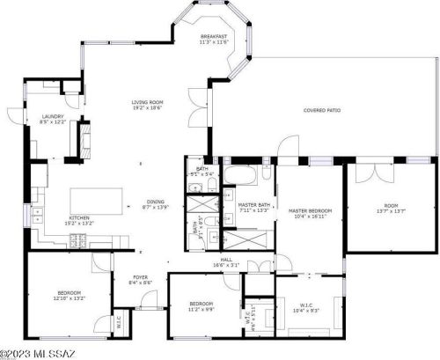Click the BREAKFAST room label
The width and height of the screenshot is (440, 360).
(213, 39)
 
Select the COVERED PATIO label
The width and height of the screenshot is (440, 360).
(322, 111)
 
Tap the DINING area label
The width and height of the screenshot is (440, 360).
(155, 204)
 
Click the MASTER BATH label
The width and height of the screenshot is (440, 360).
(252, 208)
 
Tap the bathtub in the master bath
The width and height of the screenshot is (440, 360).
(238, 175)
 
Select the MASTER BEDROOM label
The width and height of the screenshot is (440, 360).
(310, 214)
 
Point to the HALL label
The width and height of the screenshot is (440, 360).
(226, 261)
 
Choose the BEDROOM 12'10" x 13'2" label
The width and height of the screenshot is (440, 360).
(70, 295)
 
